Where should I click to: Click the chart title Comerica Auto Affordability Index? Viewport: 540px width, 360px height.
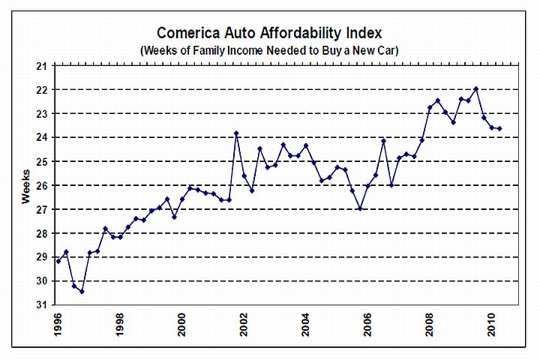270,34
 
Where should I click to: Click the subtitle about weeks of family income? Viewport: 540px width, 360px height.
270,50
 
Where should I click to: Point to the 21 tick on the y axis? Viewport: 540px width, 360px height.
42,66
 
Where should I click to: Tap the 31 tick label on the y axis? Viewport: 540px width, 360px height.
42,305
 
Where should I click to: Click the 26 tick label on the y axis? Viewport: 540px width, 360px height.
42,185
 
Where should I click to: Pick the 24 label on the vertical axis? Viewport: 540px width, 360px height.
42,137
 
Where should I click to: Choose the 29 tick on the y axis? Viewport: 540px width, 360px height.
42,257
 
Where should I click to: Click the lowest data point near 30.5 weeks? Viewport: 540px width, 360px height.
82,291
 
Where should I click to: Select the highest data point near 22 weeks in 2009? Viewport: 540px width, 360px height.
476,88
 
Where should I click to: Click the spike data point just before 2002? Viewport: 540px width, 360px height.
236,133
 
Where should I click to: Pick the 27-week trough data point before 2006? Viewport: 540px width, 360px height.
360,208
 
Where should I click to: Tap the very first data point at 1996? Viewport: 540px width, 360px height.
58,261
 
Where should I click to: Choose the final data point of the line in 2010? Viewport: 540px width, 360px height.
499,129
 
